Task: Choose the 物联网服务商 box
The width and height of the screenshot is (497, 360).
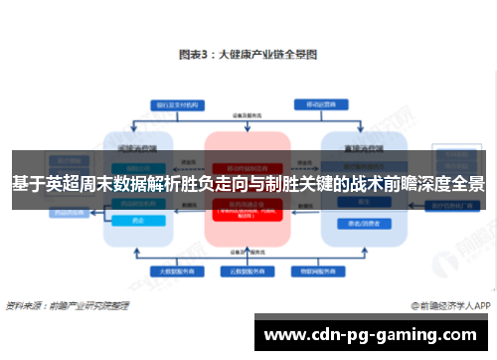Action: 312,270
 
